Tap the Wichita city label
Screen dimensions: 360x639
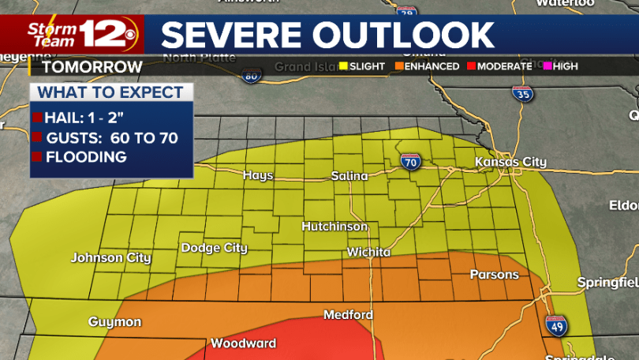pyautogui.click(x=368, y=253)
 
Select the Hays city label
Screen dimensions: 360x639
pyautogui.click(x=258, y=175)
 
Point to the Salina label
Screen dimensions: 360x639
pyautogui.click(x=349, y=176)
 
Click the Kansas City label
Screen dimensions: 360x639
pyautogui.click(x=510, y=162)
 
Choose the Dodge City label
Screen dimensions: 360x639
pyautogui.click(x=215, y=248)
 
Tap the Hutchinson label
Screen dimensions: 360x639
pyautogui.click(x=334, y=227)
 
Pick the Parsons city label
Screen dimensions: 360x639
pyautogui.click(x=495, y=275)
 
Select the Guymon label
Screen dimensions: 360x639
pyautogui.click(x=114, y=322)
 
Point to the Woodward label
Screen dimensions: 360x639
pyautogui.click(x=243, y=343)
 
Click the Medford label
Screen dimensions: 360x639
pyautogui.click(x=348, y=315)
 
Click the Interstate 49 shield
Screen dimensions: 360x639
pyautogui.click(x=555, y=325)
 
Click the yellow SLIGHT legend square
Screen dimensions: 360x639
pyautogui.click(x=343, y=66)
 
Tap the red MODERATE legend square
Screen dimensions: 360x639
pyautogui.click(x=471, y=66)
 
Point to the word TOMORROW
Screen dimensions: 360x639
pyautogui.click(x=88, y=66)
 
